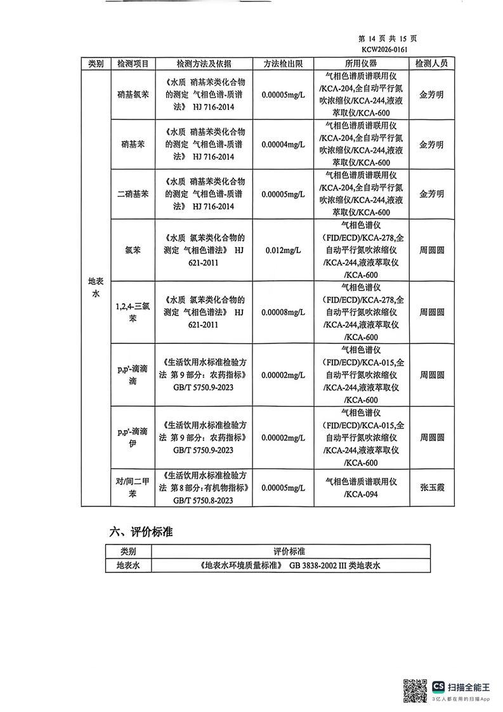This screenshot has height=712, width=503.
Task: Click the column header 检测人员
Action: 431,63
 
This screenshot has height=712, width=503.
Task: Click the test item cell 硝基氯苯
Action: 133,95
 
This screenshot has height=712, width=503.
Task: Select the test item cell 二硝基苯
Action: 133,194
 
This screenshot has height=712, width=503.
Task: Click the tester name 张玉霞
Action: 431,487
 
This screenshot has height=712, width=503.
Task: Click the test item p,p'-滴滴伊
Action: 133,438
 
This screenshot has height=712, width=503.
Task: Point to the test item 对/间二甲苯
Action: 133,487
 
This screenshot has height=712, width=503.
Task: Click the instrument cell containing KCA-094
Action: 361,487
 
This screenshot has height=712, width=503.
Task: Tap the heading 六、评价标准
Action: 141,532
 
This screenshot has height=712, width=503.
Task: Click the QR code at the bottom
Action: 415,690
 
